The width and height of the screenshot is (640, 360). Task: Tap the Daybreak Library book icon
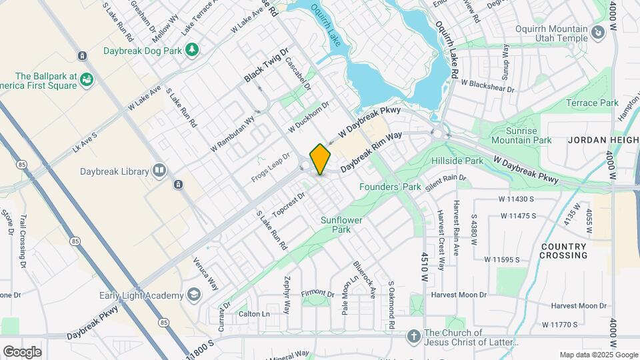pyautogui.click(x=159, y=171)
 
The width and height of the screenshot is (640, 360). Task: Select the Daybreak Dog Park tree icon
pyautogui.click(x=192, y=49)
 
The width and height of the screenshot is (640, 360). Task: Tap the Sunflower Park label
pyautogui.click(x=336, y=225)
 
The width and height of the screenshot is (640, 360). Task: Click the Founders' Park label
pyautogui.click(x=390, y=187)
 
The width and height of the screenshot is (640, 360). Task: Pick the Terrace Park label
pyautogui.click(x=592, y=103)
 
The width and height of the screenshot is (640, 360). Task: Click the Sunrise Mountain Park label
pyautogui.click(x=521, y=135)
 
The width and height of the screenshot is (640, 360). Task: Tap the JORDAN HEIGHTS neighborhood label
pyautogui.click(x=603, y=141)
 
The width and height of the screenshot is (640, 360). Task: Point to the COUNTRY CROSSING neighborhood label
pyautogui.click(x=563, y=251)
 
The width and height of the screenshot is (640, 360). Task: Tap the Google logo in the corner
pyautogui.click(x=22, y=351)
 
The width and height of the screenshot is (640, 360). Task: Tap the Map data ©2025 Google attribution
pyautogui.click(x=599, y=355)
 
